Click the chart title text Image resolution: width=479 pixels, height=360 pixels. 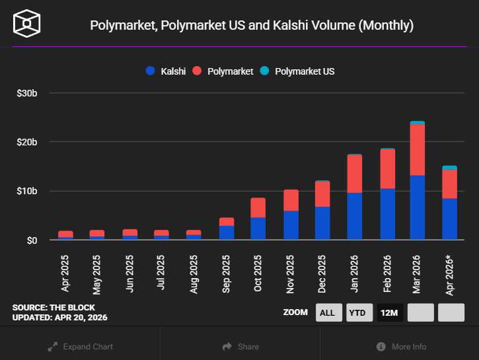pos(252,25)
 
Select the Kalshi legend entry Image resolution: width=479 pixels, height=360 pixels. pos(166,71)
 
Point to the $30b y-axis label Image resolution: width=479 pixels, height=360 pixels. pos(26,93)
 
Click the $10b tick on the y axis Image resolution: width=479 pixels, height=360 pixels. pos(26,191)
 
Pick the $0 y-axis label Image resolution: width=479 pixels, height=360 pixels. pos(32,240)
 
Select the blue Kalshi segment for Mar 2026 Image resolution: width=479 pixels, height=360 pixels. pos(417,207)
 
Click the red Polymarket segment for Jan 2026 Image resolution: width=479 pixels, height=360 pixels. pos(355,174)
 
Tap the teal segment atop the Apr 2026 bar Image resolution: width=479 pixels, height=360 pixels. pos(449,168)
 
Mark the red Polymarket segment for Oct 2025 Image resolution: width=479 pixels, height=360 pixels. pos(258,207)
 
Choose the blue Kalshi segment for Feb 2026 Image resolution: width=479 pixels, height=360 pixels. pos(387,213)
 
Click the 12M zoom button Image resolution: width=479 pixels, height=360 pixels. pos(390,312)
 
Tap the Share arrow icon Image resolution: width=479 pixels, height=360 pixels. pos(227,346)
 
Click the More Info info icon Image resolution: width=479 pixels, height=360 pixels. pos(381,346)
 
